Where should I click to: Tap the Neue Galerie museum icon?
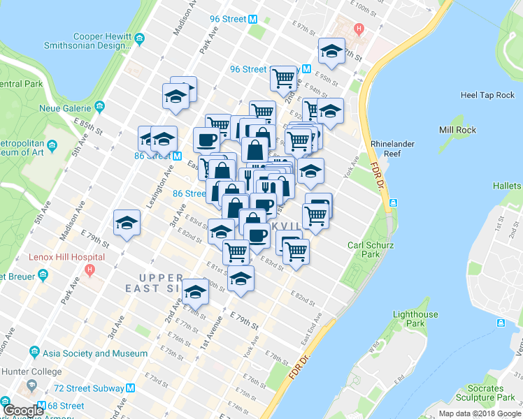100,108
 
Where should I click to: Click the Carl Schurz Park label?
367,249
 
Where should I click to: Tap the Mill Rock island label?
457,130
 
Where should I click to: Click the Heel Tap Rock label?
487,95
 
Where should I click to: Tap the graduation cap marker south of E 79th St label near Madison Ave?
127,223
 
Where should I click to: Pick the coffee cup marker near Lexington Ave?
207,140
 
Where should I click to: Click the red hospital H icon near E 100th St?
359,29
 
